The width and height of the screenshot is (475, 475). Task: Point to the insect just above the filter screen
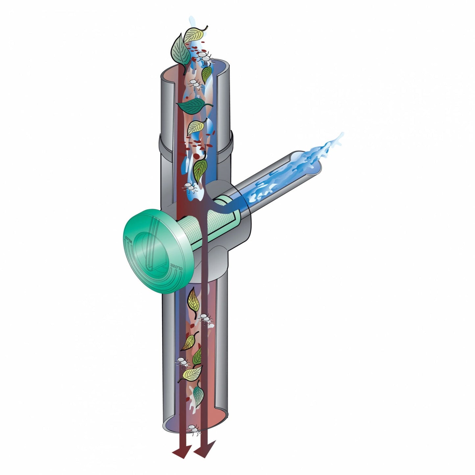191,187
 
